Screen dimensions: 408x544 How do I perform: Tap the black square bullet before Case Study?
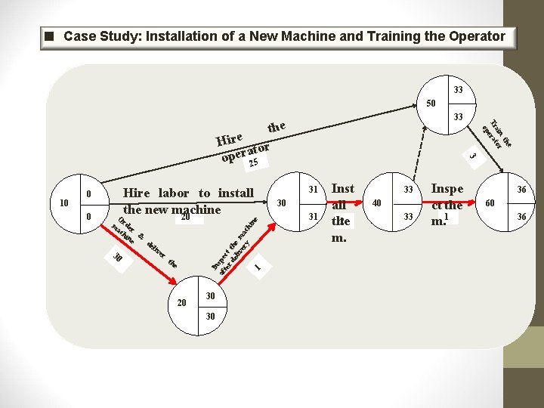point(49,36)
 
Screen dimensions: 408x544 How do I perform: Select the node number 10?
point(63,202)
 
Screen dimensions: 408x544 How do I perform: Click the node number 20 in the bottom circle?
point(181,303)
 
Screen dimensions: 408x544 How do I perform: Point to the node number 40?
point(376,202)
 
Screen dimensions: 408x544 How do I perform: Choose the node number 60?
point(490,203)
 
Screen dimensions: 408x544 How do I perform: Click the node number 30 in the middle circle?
point(281,203)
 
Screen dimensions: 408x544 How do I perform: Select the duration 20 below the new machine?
point(184,217)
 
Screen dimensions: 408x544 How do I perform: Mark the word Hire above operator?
point(229,138)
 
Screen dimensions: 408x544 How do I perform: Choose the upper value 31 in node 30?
point(313,189)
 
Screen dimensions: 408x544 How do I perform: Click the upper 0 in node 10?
point(88,194)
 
